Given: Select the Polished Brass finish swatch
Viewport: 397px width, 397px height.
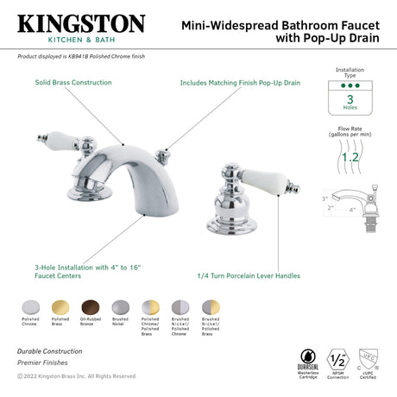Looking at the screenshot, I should [58, 308].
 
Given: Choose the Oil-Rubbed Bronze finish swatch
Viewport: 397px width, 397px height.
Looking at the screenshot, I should [88, 308].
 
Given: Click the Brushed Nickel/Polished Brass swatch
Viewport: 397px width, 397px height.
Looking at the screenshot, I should [211, 308].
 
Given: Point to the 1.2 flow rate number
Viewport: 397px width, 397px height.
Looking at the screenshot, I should [349, 157].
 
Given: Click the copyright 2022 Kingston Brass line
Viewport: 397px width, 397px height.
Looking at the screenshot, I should [76, 376].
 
